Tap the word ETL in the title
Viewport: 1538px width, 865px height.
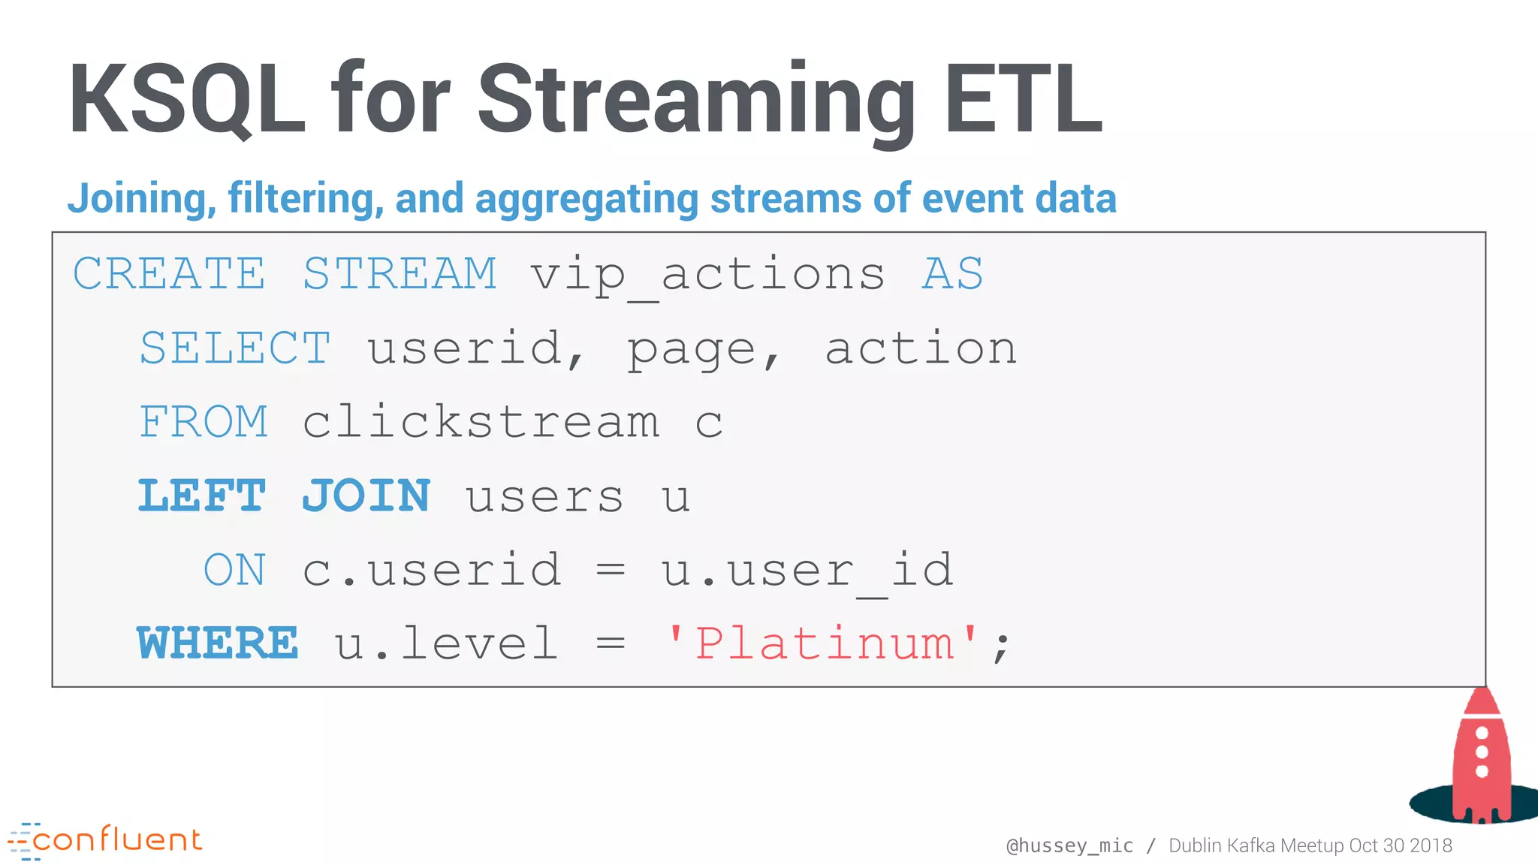pos(1023,99)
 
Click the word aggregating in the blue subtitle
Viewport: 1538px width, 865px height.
pos(587,198)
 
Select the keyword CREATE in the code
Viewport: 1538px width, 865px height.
pos(169,273)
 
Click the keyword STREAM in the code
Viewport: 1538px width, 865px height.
pos(400,273)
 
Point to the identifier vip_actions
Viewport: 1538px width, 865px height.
pos(707,275)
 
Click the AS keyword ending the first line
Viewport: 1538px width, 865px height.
pos(952,273)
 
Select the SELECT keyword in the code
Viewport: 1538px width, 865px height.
pos(235,348)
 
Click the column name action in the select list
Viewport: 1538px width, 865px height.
pos(921,348)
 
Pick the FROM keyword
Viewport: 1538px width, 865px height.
pos(204,422)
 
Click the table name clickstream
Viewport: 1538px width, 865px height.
pos(481,422)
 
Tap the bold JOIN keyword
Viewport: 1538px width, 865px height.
pos(366,496)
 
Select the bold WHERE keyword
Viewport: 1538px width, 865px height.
pos(218,643)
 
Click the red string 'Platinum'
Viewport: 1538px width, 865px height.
pos(823,643)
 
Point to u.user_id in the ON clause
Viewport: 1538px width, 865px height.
pos(807,571)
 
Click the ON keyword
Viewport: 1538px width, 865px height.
pos(234,571)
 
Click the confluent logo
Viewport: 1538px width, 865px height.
pos(105,840)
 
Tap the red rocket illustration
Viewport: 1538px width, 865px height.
pos(1479,758)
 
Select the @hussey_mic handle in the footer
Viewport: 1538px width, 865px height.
pos(1069,845)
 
